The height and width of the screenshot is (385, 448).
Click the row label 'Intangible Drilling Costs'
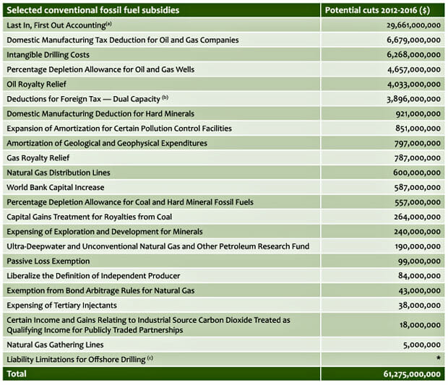click(49, 54)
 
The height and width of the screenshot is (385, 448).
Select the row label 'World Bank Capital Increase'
click(56, 187)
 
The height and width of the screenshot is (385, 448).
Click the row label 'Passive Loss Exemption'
click(48, 261)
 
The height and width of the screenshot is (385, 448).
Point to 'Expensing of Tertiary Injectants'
click(61, 305)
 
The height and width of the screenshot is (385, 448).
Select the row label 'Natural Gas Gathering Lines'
click(56, 345)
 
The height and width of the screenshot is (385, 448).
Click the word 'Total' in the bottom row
click(18, 374)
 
